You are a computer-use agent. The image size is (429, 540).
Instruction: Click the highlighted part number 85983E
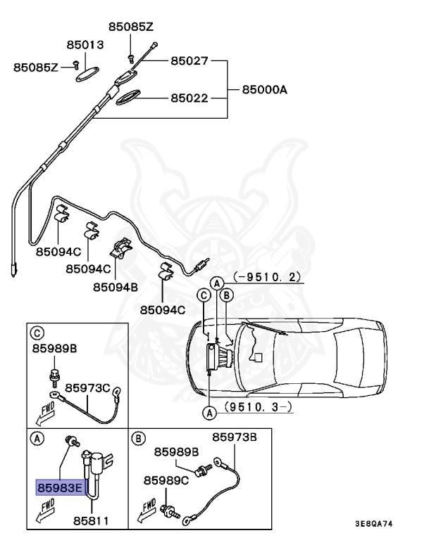click(x=60, y=486)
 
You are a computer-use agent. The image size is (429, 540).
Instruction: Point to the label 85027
click(x=189, y=61)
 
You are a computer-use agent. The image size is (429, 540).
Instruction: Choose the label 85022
click(x=189, y=98)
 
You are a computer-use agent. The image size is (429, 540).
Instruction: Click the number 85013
click(x=85, y=44)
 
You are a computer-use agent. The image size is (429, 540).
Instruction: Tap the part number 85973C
click(x=88, y=387)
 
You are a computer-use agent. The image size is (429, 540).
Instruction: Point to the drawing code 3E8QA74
click(x=383, y=523)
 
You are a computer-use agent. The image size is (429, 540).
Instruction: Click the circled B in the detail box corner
click(x=139, y=439)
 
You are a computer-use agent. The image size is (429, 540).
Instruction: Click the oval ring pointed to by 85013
click(x=87, y=74)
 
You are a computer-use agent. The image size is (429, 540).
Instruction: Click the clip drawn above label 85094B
click(x=123, y=247)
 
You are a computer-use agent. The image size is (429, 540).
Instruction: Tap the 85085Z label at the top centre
click(x=130, y=27)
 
